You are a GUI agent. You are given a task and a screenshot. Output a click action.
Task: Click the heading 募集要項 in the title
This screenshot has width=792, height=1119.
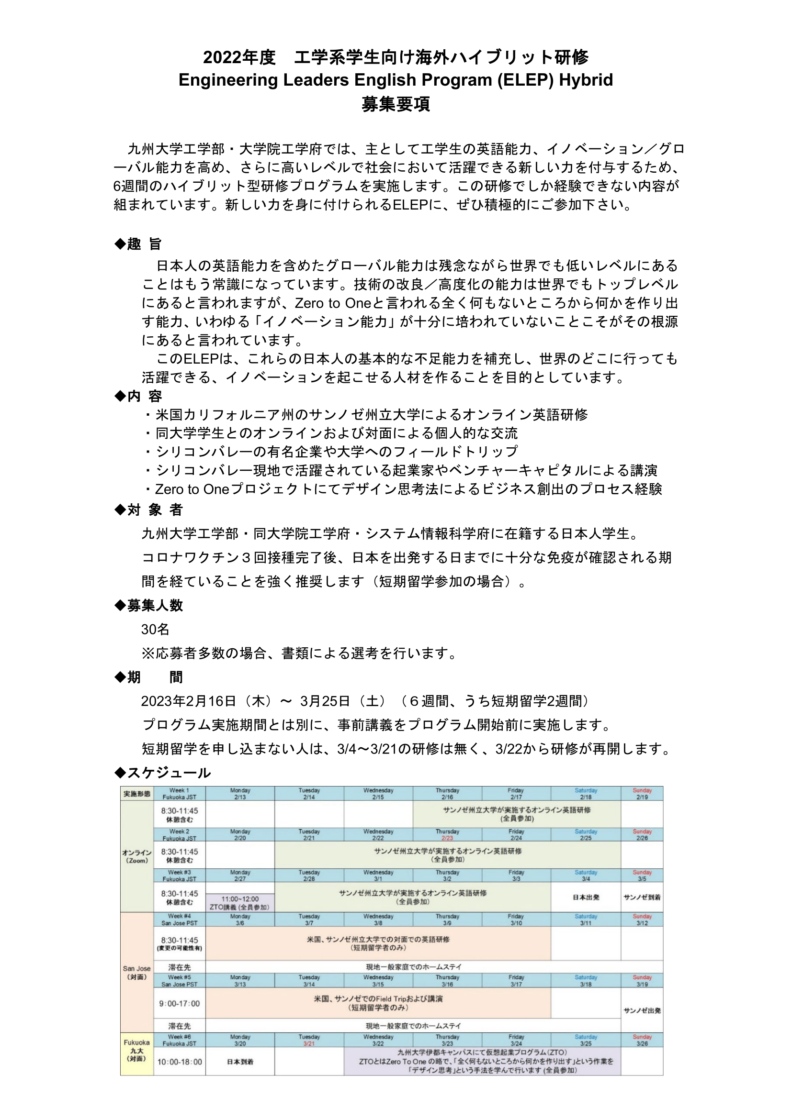[x=396, y=104]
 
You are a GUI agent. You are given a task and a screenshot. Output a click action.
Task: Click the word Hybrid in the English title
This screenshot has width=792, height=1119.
[x=586, y=80]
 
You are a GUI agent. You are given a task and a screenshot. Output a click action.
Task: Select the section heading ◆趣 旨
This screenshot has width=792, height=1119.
[x=137, y=244]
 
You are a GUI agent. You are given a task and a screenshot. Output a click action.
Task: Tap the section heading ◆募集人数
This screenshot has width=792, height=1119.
[x=148, y=605]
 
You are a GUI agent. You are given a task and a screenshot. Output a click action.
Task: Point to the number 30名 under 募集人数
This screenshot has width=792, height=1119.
[x=155, y=629]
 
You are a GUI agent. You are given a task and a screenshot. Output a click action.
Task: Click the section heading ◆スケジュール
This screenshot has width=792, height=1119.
[x=162, y=773]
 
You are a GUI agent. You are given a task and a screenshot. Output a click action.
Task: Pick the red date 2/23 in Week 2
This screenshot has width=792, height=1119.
[x=447, y=838]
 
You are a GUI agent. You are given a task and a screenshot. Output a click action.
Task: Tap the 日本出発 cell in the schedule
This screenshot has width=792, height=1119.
[x=586, y=897]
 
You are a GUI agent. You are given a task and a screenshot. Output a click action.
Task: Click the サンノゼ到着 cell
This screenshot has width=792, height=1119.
[x=642, y=897]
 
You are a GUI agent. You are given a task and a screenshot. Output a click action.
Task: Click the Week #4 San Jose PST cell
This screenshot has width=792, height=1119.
[x=180, y=920]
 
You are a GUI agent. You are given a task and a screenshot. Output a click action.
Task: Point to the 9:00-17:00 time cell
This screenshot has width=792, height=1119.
[x=180, y=1004]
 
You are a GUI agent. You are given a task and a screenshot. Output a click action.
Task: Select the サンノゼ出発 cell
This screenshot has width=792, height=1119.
[x=642, y=1010]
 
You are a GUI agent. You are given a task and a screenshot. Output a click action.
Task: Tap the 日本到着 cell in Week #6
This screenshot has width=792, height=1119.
[x=240, y=1062]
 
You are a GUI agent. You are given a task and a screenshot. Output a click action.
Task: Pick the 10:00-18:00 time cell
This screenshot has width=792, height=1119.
[x=180, y=1062]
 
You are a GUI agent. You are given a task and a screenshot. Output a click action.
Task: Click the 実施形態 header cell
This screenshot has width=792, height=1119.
[x=136, y=794]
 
